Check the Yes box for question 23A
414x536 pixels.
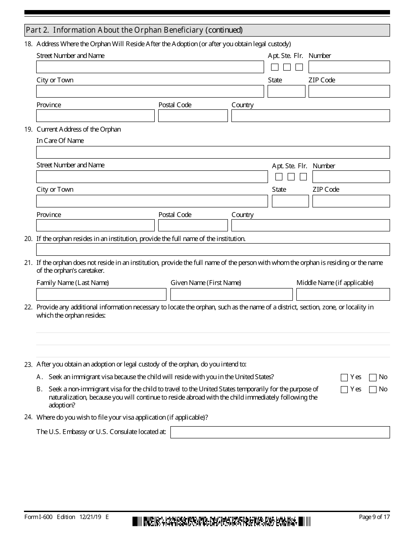344,377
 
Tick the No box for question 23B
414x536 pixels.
373,390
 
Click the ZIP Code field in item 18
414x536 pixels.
349,92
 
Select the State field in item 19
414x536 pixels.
290,201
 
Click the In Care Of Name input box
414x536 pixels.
213,152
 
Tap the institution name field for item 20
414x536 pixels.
213,249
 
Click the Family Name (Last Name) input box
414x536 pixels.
101,294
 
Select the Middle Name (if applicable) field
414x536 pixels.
343,294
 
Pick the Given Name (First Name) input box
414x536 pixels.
231,294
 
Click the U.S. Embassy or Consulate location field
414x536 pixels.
280,432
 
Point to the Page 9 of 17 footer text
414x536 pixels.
374,517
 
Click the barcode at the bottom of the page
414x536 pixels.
221,521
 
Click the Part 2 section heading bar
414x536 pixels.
207,30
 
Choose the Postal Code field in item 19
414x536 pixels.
193,225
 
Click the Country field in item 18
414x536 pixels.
310,115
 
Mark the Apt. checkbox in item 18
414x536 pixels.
275,67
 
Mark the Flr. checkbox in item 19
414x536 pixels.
303,177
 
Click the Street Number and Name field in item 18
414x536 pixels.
150,67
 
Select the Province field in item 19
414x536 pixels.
95,225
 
